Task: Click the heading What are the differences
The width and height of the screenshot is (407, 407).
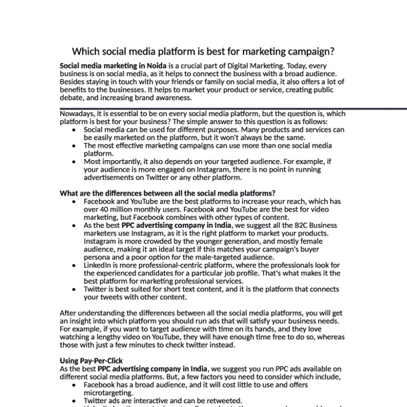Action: [168, 193]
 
